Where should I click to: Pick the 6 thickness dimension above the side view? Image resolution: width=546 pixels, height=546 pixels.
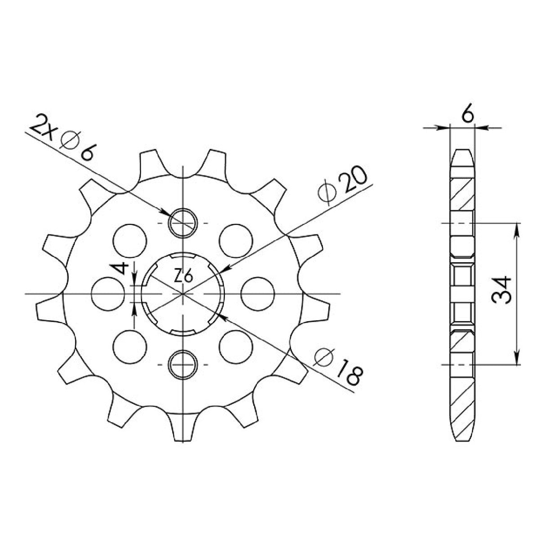pyautogui.click(x=468, y=116)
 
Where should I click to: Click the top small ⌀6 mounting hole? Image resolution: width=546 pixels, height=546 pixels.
pyautogui.click(x=183, y=223)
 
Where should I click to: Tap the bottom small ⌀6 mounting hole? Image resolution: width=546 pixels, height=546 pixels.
pyautogui.click(x=183, y=363)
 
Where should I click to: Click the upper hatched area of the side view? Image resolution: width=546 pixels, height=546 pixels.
pyautogui.click(x=462, y=193)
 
